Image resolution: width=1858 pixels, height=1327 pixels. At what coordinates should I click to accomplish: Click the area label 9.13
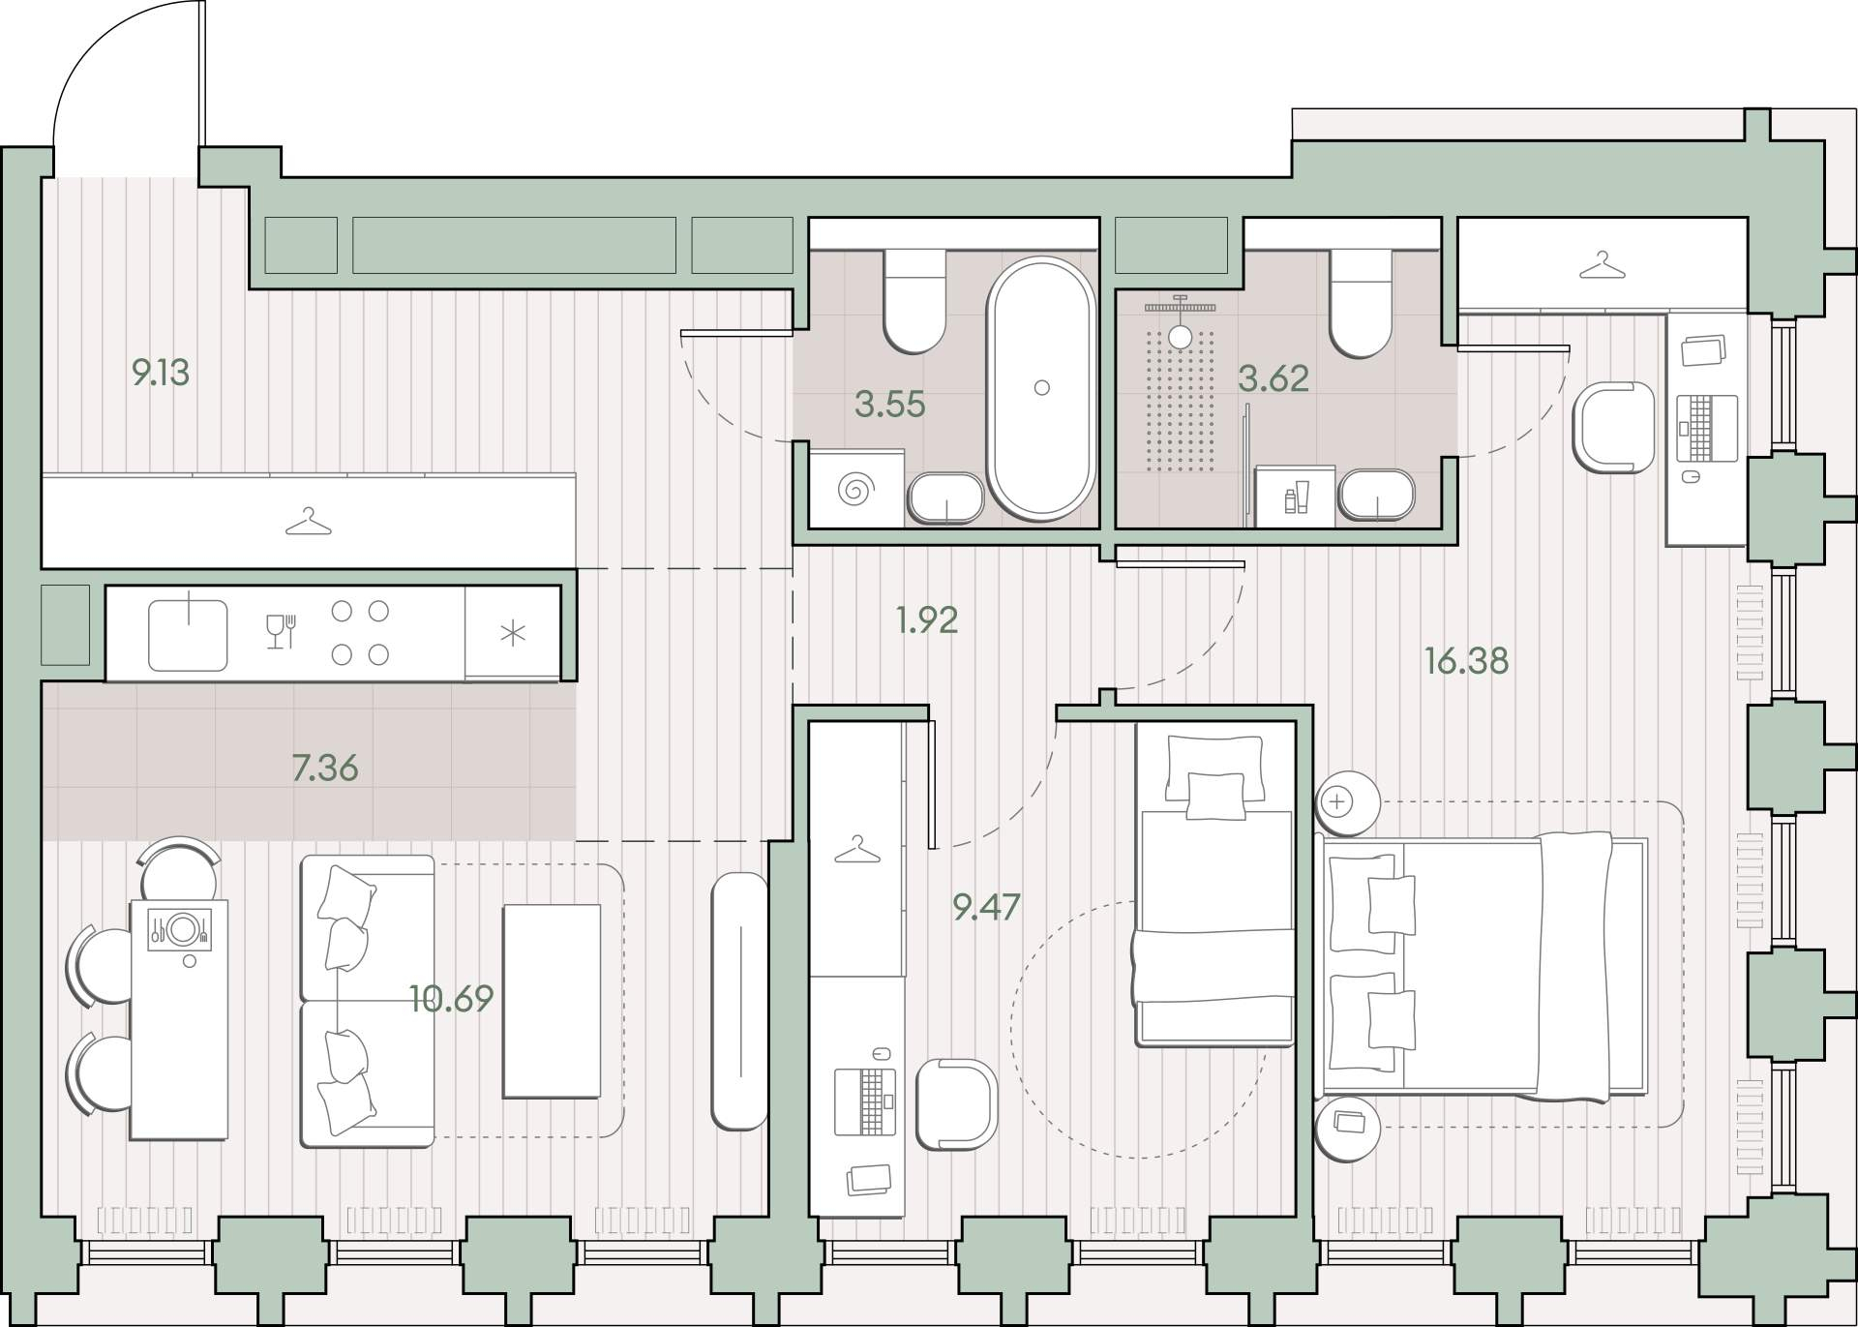[x=161, y=372]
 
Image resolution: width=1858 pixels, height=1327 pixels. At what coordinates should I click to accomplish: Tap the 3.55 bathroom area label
[x=890, y=404]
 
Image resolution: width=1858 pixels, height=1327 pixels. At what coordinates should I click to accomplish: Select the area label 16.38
[x=1466, y=661]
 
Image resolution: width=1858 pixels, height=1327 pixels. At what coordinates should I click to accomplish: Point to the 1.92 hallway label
[x=927, y=619]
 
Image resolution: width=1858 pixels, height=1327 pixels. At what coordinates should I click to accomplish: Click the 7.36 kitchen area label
[x=325, y=768]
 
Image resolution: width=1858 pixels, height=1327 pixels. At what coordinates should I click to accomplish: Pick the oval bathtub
[x=1040, y=388]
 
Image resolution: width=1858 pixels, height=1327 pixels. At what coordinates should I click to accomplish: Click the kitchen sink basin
[x=188, y=635]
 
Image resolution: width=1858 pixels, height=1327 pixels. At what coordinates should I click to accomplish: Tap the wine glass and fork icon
[x=281, y=631]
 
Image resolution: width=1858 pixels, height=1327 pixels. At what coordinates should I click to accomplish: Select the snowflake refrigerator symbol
[x=512, y=634]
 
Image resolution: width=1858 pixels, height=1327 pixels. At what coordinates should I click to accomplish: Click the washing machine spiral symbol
[x=854, y=489]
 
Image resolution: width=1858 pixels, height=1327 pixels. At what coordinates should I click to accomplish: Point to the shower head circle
[x=1179, y=336]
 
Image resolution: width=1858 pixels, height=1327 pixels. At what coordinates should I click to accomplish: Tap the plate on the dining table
[x=181, y=930]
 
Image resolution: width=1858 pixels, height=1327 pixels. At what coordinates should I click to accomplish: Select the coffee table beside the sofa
[x=552, y=1001]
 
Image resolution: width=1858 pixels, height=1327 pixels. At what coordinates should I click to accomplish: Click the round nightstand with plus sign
[x=1346, y=802]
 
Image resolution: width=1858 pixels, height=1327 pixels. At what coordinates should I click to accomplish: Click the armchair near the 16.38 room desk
[x=1614, y=427]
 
